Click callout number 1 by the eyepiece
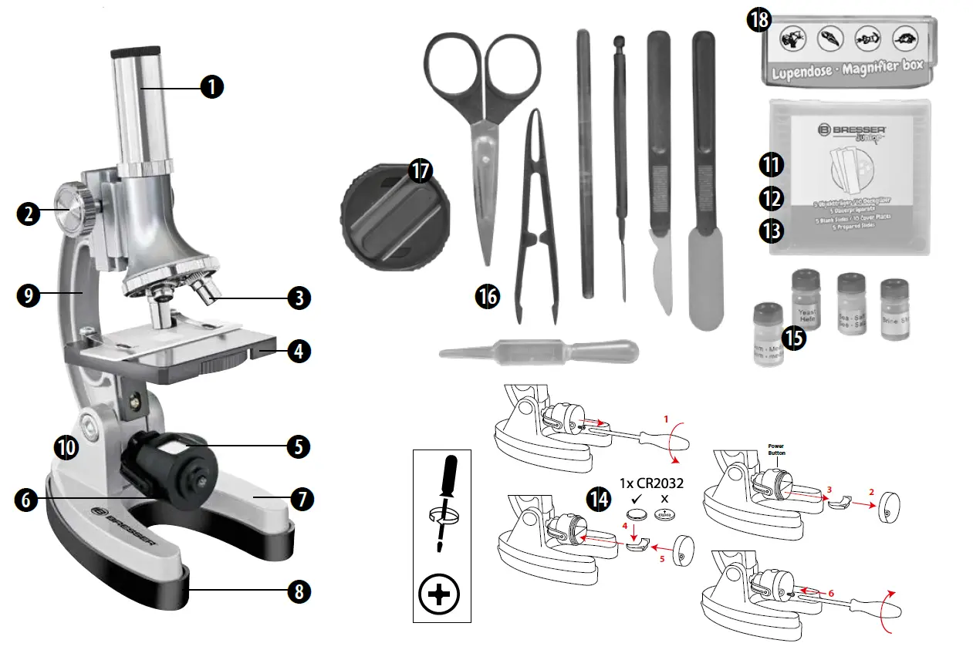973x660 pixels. (211, 87)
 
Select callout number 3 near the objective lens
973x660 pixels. (299, 298)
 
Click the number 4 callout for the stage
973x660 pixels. (299, 352)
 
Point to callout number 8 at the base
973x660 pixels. (299, 591)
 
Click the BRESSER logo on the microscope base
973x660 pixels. (124, 530)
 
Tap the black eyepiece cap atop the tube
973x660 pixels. (137, 53)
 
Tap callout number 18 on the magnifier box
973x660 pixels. (759, 19)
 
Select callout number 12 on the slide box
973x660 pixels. (770, 197)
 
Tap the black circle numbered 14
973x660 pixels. (597, 499)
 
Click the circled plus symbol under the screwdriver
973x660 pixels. (439, 594)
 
